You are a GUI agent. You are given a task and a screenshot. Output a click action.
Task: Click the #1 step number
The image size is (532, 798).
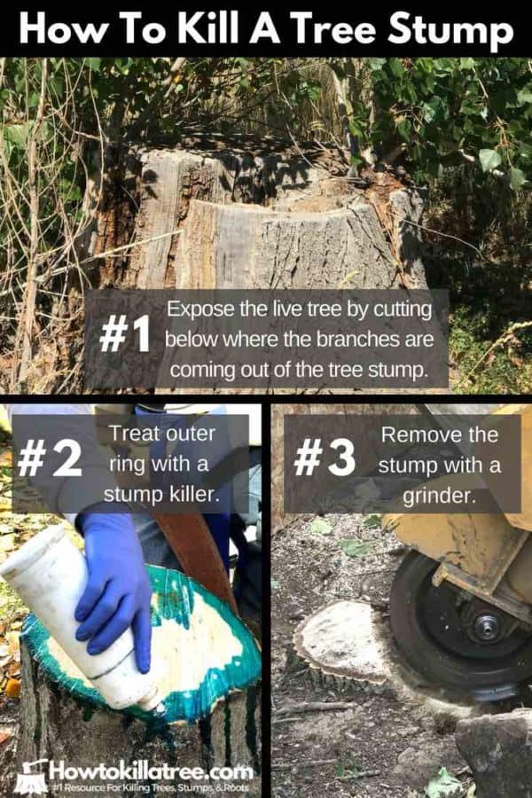124,335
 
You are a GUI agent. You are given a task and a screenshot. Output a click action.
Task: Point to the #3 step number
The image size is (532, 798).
325,458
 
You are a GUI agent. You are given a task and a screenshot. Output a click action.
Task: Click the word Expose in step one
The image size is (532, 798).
194,310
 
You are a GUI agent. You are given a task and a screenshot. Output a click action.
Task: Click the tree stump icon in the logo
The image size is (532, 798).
31,776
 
